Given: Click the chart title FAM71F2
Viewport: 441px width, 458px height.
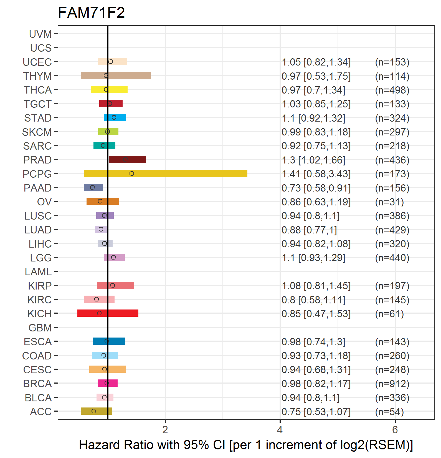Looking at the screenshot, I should click(x=91, y=12).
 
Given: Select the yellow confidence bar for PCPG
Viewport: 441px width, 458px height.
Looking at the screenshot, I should click(x=166, y=173).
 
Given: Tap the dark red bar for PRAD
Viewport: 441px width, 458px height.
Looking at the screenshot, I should click(x=127, y=159).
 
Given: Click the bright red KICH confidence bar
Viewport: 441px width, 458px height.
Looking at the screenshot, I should click(x=108, y=313).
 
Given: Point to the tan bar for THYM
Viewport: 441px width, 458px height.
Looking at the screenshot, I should click(x=116, y=76).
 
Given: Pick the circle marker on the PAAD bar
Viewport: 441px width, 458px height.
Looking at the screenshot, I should click(x=92, y=187).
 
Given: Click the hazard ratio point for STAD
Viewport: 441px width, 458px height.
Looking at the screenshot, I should click(x=114, y=117).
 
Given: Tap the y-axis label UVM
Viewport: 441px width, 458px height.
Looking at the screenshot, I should click(x=40, y=34).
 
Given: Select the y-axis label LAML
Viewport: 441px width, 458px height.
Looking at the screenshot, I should click(x=38, y=272).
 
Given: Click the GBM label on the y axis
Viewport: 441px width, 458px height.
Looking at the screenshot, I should click(x=40, y=328).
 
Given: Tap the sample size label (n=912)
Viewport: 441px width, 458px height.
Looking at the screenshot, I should click(x=392, y=384).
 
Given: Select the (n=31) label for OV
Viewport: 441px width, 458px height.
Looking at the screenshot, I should click(x=389, y=202).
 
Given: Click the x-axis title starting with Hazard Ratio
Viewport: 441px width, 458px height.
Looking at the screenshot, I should click(x=246, y=445).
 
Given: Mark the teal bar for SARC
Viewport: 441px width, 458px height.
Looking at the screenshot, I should click(x=104, y=145).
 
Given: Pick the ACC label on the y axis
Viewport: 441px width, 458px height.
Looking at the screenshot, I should click(x=41, y=412).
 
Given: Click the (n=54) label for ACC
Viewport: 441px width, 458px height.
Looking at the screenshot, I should click(x=389, y=412).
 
